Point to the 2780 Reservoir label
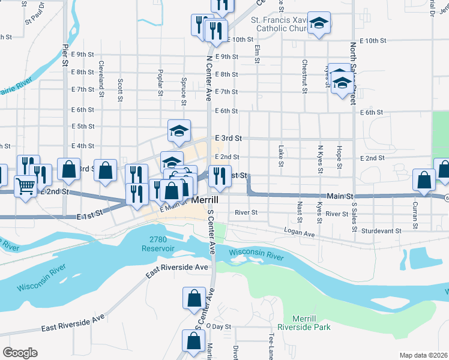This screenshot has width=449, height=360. [158, 244]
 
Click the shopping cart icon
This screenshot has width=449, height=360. [25, 186]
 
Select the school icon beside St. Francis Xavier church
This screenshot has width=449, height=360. [319, 24]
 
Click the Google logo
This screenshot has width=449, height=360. [20, 353]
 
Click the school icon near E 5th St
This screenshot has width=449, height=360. [179, 131]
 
